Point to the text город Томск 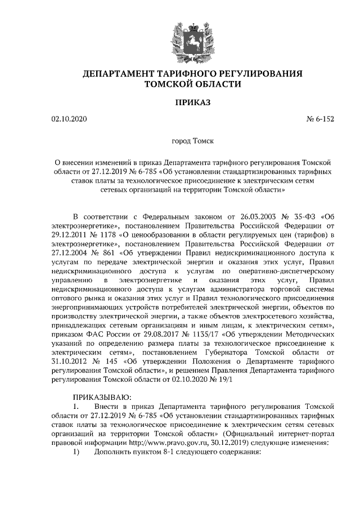click(x=193, y=143)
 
